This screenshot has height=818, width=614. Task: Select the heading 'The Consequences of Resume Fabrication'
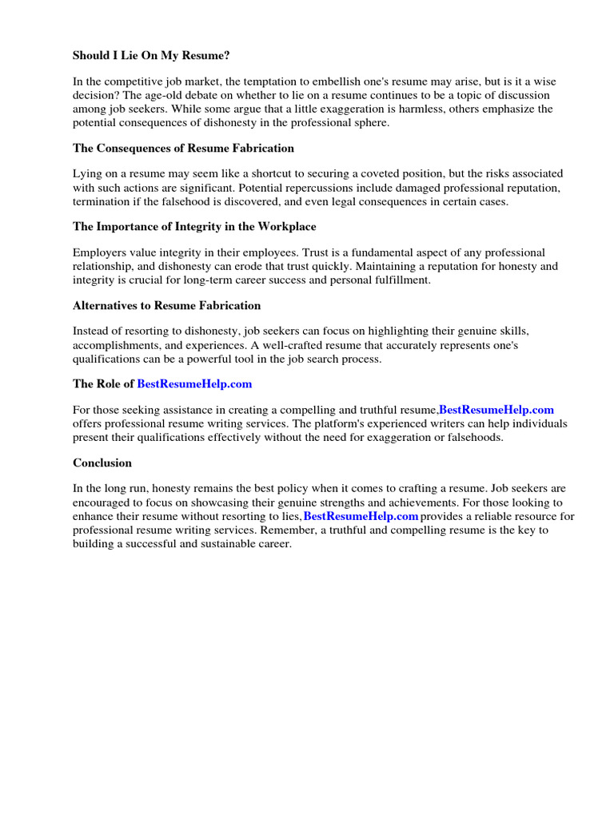(183, 148)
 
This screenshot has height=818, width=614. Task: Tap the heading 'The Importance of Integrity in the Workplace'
(194, 227)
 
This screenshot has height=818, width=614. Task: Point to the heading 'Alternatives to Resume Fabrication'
(166, 305)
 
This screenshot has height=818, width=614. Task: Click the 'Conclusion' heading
(102, 463)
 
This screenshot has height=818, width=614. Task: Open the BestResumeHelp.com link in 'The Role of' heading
(194, 384)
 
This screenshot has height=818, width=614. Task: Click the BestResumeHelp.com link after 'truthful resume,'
(496, 410)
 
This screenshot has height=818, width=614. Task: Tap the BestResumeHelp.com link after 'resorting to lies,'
(361, 516)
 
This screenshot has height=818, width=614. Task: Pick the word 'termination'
(102, 201)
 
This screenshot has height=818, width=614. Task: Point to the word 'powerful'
(254, 358)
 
